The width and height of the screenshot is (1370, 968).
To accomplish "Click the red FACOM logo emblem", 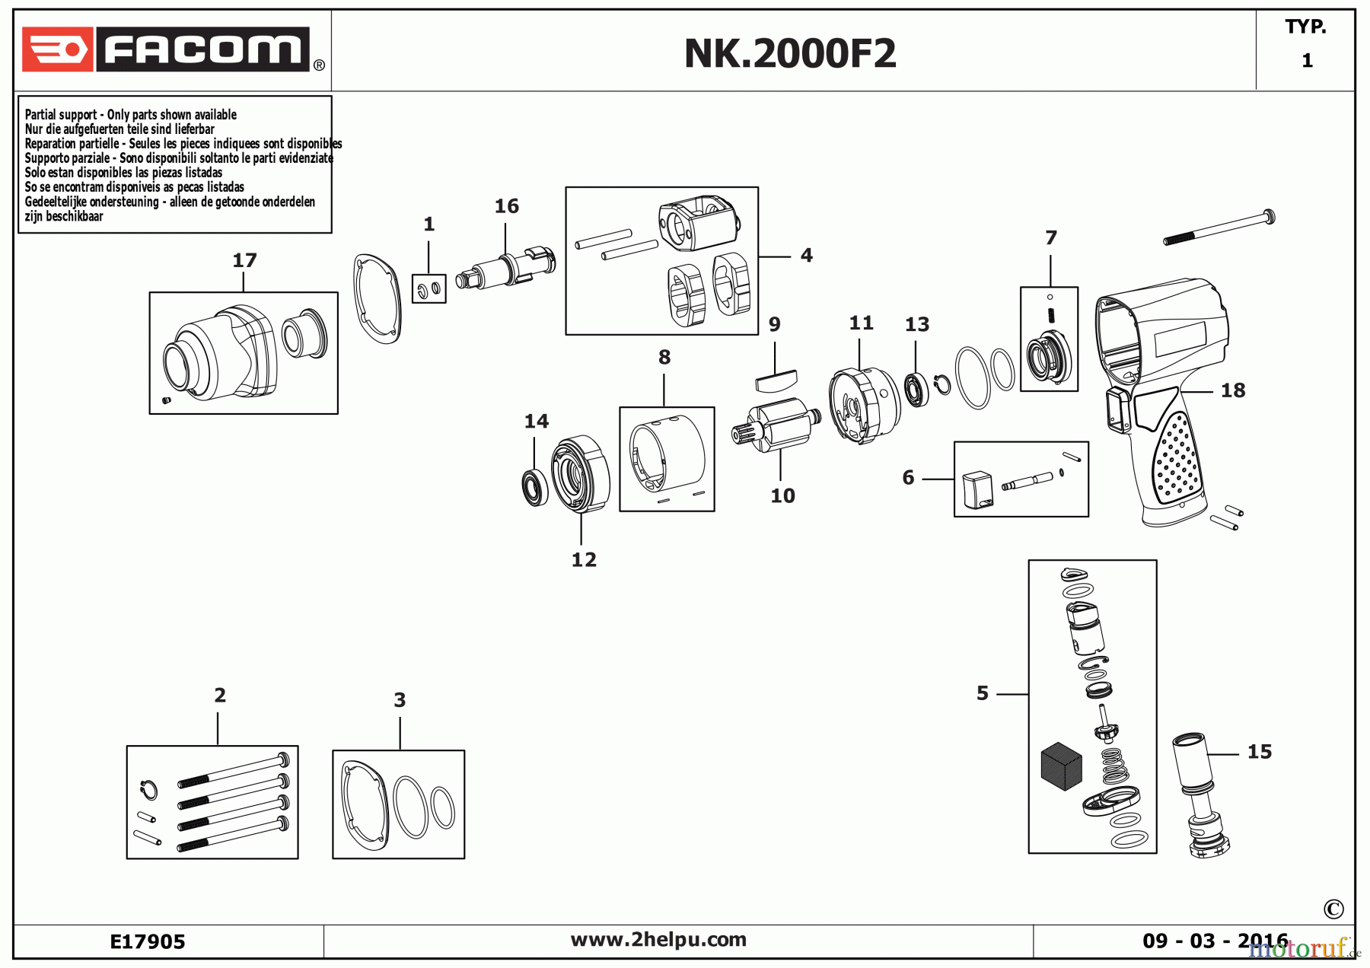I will coord(57,50).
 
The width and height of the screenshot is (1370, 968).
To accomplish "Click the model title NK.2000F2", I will coord(790,53).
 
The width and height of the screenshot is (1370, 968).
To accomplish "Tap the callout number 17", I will coord(244,261).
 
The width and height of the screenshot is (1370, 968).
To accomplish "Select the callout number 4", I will coord(806,256).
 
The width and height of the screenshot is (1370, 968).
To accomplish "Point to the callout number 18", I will coord(1232,391).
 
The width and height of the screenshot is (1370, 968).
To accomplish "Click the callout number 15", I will coord(1259,753).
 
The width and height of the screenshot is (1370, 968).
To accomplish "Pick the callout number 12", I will coord(584,560).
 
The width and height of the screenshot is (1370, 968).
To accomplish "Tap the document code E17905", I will coord(148,942).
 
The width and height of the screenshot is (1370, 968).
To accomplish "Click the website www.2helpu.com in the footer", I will coord(658,940).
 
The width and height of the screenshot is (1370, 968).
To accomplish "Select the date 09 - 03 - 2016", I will coord(1215,941).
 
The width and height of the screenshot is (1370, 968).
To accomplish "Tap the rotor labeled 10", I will coord(779,427).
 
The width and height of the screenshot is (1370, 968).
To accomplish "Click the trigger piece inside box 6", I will coord(977,489).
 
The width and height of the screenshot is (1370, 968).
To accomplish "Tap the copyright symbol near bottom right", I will coord(1333,909).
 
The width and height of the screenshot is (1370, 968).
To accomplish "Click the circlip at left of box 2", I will coord(150,790).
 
